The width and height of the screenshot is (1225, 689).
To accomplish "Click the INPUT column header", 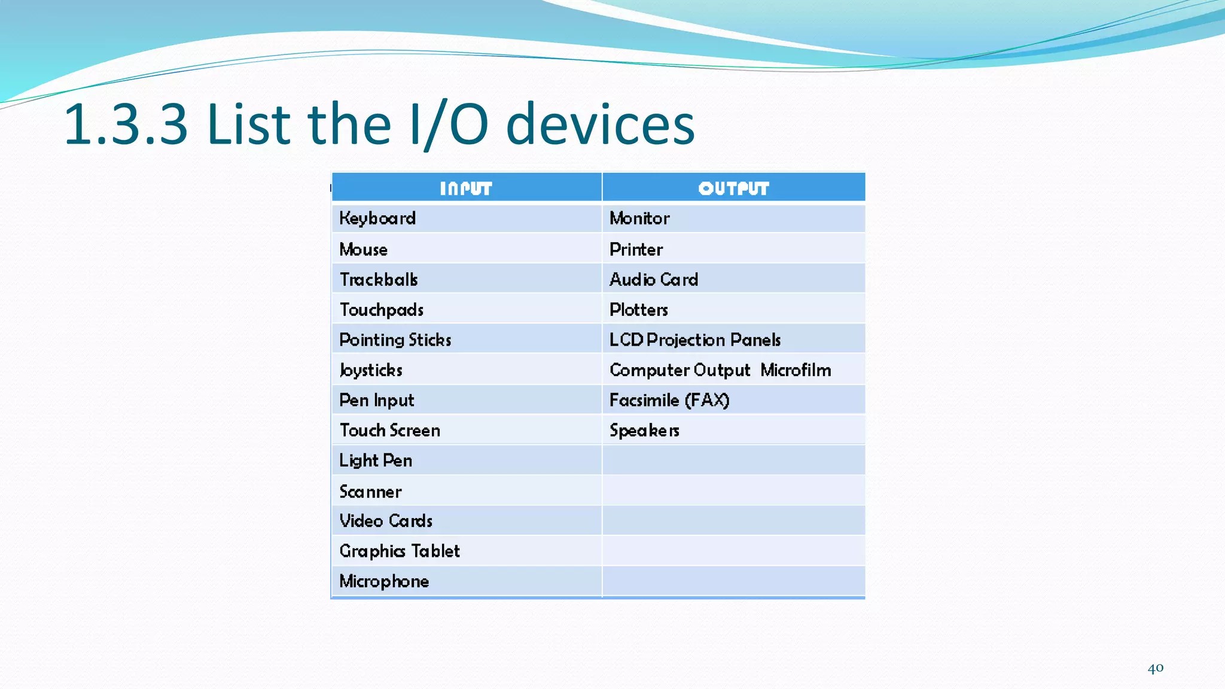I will (466, 188).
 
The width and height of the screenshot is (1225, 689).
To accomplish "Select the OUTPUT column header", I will (733, 188).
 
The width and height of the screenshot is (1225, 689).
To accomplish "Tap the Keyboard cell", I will (377, 218).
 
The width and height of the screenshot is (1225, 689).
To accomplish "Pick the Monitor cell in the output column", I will (639, 218).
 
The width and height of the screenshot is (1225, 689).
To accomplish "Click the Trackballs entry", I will (379, 279).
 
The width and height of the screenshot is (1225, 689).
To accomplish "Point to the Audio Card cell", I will (654, 279).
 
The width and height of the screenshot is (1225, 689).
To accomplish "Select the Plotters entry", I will (639, 310).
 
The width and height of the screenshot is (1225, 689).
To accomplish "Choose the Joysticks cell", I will (371, 370).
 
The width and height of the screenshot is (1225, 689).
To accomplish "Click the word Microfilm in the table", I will (796, 370).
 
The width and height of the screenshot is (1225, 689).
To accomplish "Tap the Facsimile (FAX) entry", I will (669, 400).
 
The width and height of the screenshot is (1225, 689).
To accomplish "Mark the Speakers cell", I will (644, 431).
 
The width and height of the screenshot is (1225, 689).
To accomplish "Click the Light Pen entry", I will (376, 461).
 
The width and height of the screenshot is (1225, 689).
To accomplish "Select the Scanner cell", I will (370, 492).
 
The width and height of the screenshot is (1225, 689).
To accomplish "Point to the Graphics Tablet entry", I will (400, 551).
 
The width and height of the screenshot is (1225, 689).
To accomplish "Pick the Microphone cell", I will (384, 581).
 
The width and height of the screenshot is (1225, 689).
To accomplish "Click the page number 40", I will (1155, 668).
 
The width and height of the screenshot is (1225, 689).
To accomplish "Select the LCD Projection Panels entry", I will (695, 340).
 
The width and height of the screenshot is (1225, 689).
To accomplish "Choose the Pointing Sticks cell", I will (395, 340).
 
